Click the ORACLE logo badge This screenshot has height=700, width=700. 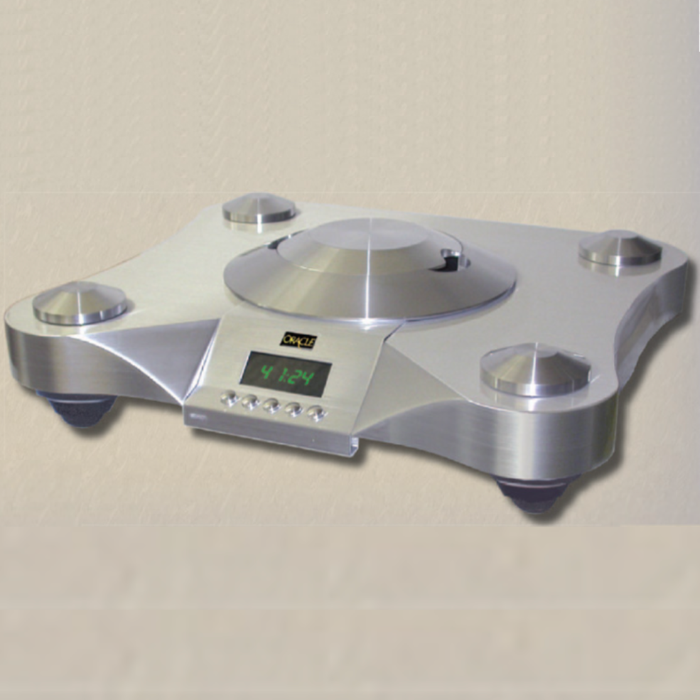click(x=298, y=340)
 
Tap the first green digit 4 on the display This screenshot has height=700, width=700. click(x=267, y=372)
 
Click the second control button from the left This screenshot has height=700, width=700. click(x=250, y=402)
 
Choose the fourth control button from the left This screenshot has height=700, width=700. click(x=294, y=410)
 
